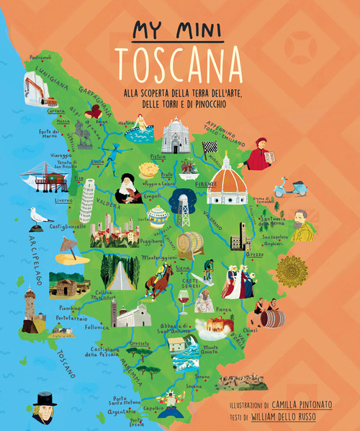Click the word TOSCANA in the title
tap(179, 64)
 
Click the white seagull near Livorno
tap(39, 216)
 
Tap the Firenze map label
tap(207, 184)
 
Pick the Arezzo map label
tap(274, 254)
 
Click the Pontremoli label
tap(41, 58)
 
